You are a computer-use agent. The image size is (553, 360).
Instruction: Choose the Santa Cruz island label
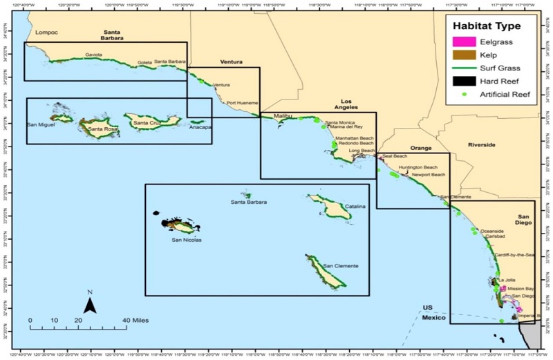(x=147, y=123)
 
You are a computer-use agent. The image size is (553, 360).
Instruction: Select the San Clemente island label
(x=339, y=266)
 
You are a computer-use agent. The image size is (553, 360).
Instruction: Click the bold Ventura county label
(x=231, y=62)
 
